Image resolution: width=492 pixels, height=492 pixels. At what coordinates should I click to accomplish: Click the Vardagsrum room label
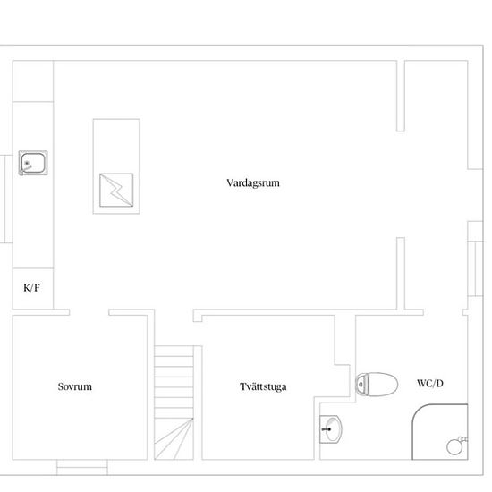coord(253,182)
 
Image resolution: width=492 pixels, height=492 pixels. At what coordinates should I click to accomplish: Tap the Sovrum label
coord(74,386)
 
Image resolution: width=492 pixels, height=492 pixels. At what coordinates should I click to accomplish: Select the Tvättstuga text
coord(263,386)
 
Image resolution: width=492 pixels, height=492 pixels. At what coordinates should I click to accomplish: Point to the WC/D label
coord(430,383)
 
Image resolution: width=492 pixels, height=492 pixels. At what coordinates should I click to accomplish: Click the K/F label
coord(31,287)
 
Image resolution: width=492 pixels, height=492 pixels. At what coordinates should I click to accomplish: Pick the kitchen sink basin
coord(33,163)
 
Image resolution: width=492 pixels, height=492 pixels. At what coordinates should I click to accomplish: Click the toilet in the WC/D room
coord(377,385)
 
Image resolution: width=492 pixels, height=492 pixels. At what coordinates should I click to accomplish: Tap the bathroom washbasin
coord(331,429)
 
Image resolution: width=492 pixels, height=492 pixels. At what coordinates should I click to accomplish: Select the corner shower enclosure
coord(440,432)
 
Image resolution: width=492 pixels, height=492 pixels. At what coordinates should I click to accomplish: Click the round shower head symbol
coord(454,446)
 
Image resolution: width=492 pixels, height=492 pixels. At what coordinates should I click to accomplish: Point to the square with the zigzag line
coord(116,191)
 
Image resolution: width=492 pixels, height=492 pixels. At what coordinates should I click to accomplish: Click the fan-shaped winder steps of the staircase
coord(174,438)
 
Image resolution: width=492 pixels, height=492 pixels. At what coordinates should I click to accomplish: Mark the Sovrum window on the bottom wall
coord(82,467)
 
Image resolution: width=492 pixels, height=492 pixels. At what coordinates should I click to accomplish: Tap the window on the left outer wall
coord(5,199)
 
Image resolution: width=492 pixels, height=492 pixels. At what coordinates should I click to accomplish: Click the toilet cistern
coord(361,384)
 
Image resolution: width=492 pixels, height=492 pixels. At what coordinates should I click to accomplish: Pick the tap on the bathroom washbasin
coord(327,429)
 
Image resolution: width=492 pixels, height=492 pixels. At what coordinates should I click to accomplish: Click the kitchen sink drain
coord(27,163)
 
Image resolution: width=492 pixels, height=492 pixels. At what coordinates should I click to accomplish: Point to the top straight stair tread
coord(174,352)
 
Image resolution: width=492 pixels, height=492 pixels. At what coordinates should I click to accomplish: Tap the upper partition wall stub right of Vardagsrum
coord(401,96)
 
